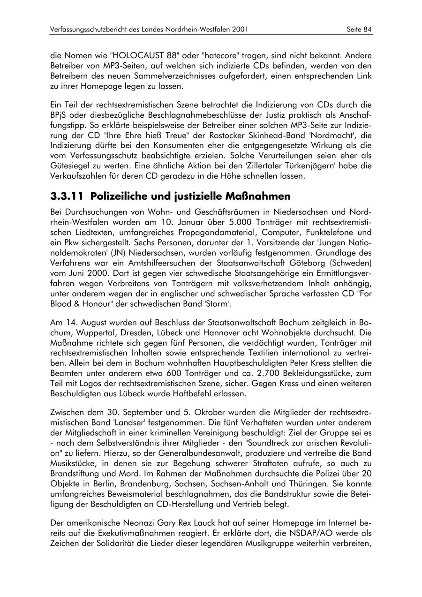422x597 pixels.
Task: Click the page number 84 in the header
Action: coord(367,29)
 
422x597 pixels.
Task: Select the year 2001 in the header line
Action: coord(239,29)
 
